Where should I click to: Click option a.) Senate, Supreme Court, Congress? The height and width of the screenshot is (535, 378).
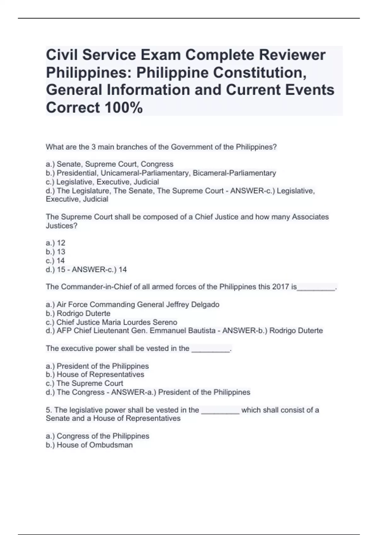[110, 164]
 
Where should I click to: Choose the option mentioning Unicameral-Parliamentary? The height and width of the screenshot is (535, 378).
[161, 173]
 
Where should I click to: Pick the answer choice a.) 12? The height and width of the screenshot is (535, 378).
[56, 243]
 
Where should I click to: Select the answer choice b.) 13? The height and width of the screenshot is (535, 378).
[56, 251]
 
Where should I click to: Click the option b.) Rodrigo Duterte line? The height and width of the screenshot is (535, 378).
[78, 313]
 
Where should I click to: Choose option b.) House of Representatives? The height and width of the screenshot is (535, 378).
[95, 374]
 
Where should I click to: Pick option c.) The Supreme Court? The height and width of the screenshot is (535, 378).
[84, 383]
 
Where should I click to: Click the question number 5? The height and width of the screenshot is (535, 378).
[49, 410]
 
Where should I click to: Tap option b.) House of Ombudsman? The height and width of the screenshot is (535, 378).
[89, 445]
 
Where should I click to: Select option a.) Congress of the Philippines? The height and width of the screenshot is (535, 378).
[97, 436]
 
